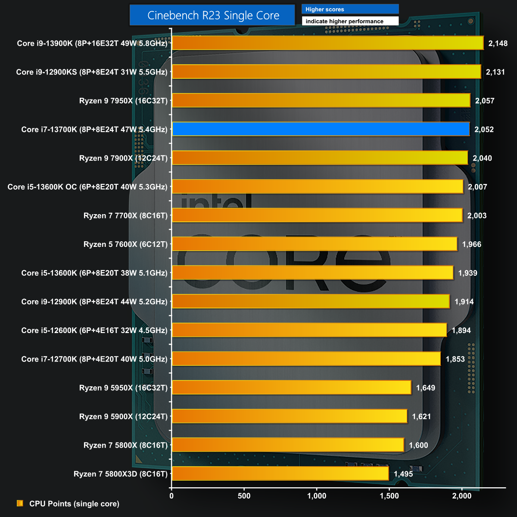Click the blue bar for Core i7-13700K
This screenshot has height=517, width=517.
tap(321, 129)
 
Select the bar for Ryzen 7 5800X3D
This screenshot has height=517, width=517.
tap(280, 474)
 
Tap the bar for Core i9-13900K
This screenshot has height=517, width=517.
tap(328, 43)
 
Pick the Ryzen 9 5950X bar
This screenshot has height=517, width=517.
tap(292, 388)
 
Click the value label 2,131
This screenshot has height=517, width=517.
tap(495, 72)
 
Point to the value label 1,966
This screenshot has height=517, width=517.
tap(472, 244)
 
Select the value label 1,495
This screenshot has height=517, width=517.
tap(403, 474)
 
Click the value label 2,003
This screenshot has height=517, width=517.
tap(477, 215)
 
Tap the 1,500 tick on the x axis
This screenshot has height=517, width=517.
tap(389, 496)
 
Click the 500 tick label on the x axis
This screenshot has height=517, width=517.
tap(244, 496)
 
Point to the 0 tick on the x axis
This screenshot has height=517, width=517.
tap(172, 496)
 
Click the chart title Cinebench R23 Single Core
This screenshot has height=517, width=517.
tap(213, 16)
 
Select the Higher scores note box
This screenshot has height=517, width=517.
tap(350, 9)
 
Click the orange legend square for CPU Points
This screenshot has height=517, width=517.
tap(20, 503)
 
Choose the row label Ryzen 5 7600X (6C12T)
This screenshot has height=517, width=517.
tap(125, 244)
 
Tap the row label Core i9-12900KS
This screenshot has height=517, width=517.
tap(92, 72)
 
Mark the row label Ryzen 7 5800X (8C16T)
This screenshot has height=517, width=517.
tap(125, 445)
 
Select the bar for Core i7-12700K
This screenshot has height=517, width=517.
tap(306, 359)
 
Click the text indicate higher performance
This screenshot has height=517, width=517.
tap(345, 21)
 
